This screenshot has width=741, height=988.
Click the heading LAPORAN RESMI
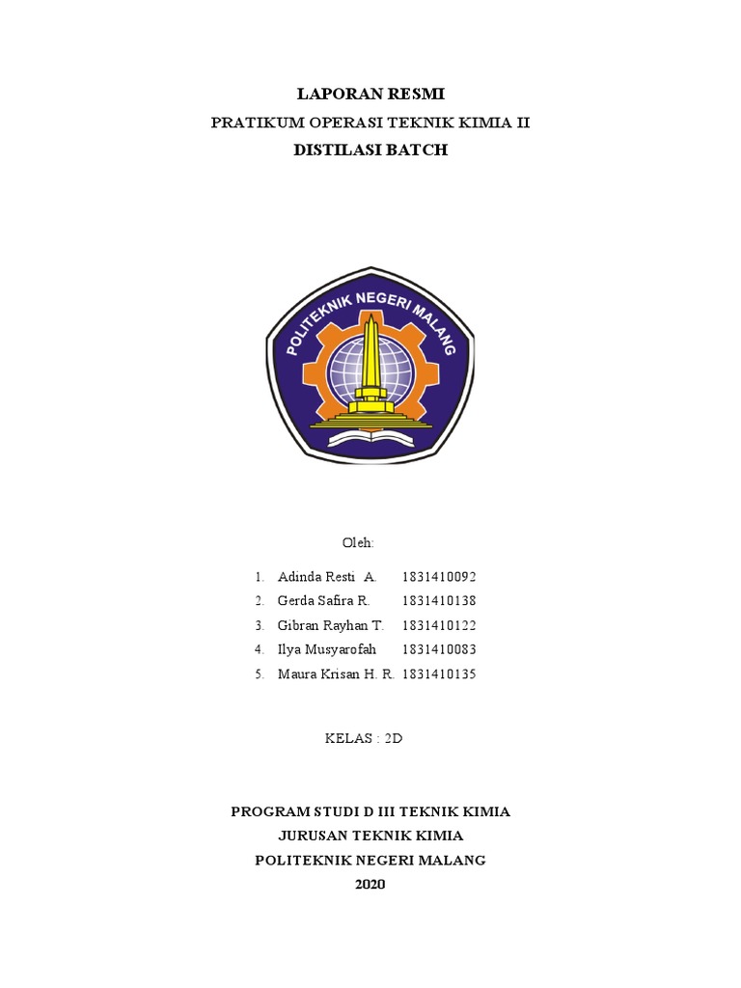tap(370, 94)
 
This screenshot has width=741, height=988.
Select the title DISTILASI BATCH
tap(370, 151)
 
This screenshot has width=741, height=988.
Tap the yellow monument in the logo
tap(370, 362)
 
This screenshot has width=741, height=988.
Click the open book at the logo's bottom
tap(370, 439)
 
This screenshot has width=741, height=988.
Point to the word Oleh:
tap(358, 543)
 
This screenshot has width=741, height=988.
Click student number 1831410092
tap(439, 577)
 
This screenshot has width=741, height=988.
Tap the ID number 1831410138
tap(439, 601)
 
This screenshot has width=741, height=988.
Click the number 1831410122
tap(439, 625)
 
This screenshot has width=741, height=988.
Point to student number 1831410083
tap(439, 649)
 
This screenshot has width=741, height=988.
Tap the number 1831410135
tap(439, 674)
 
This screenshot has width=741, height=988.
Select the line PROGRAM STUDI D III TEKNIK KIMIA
tap(370, 811)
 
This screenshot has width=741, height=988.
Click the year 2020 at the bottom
tap(370, 884)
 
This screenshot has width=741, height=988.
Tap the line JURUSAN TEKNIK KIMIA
tap(370, 836)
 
